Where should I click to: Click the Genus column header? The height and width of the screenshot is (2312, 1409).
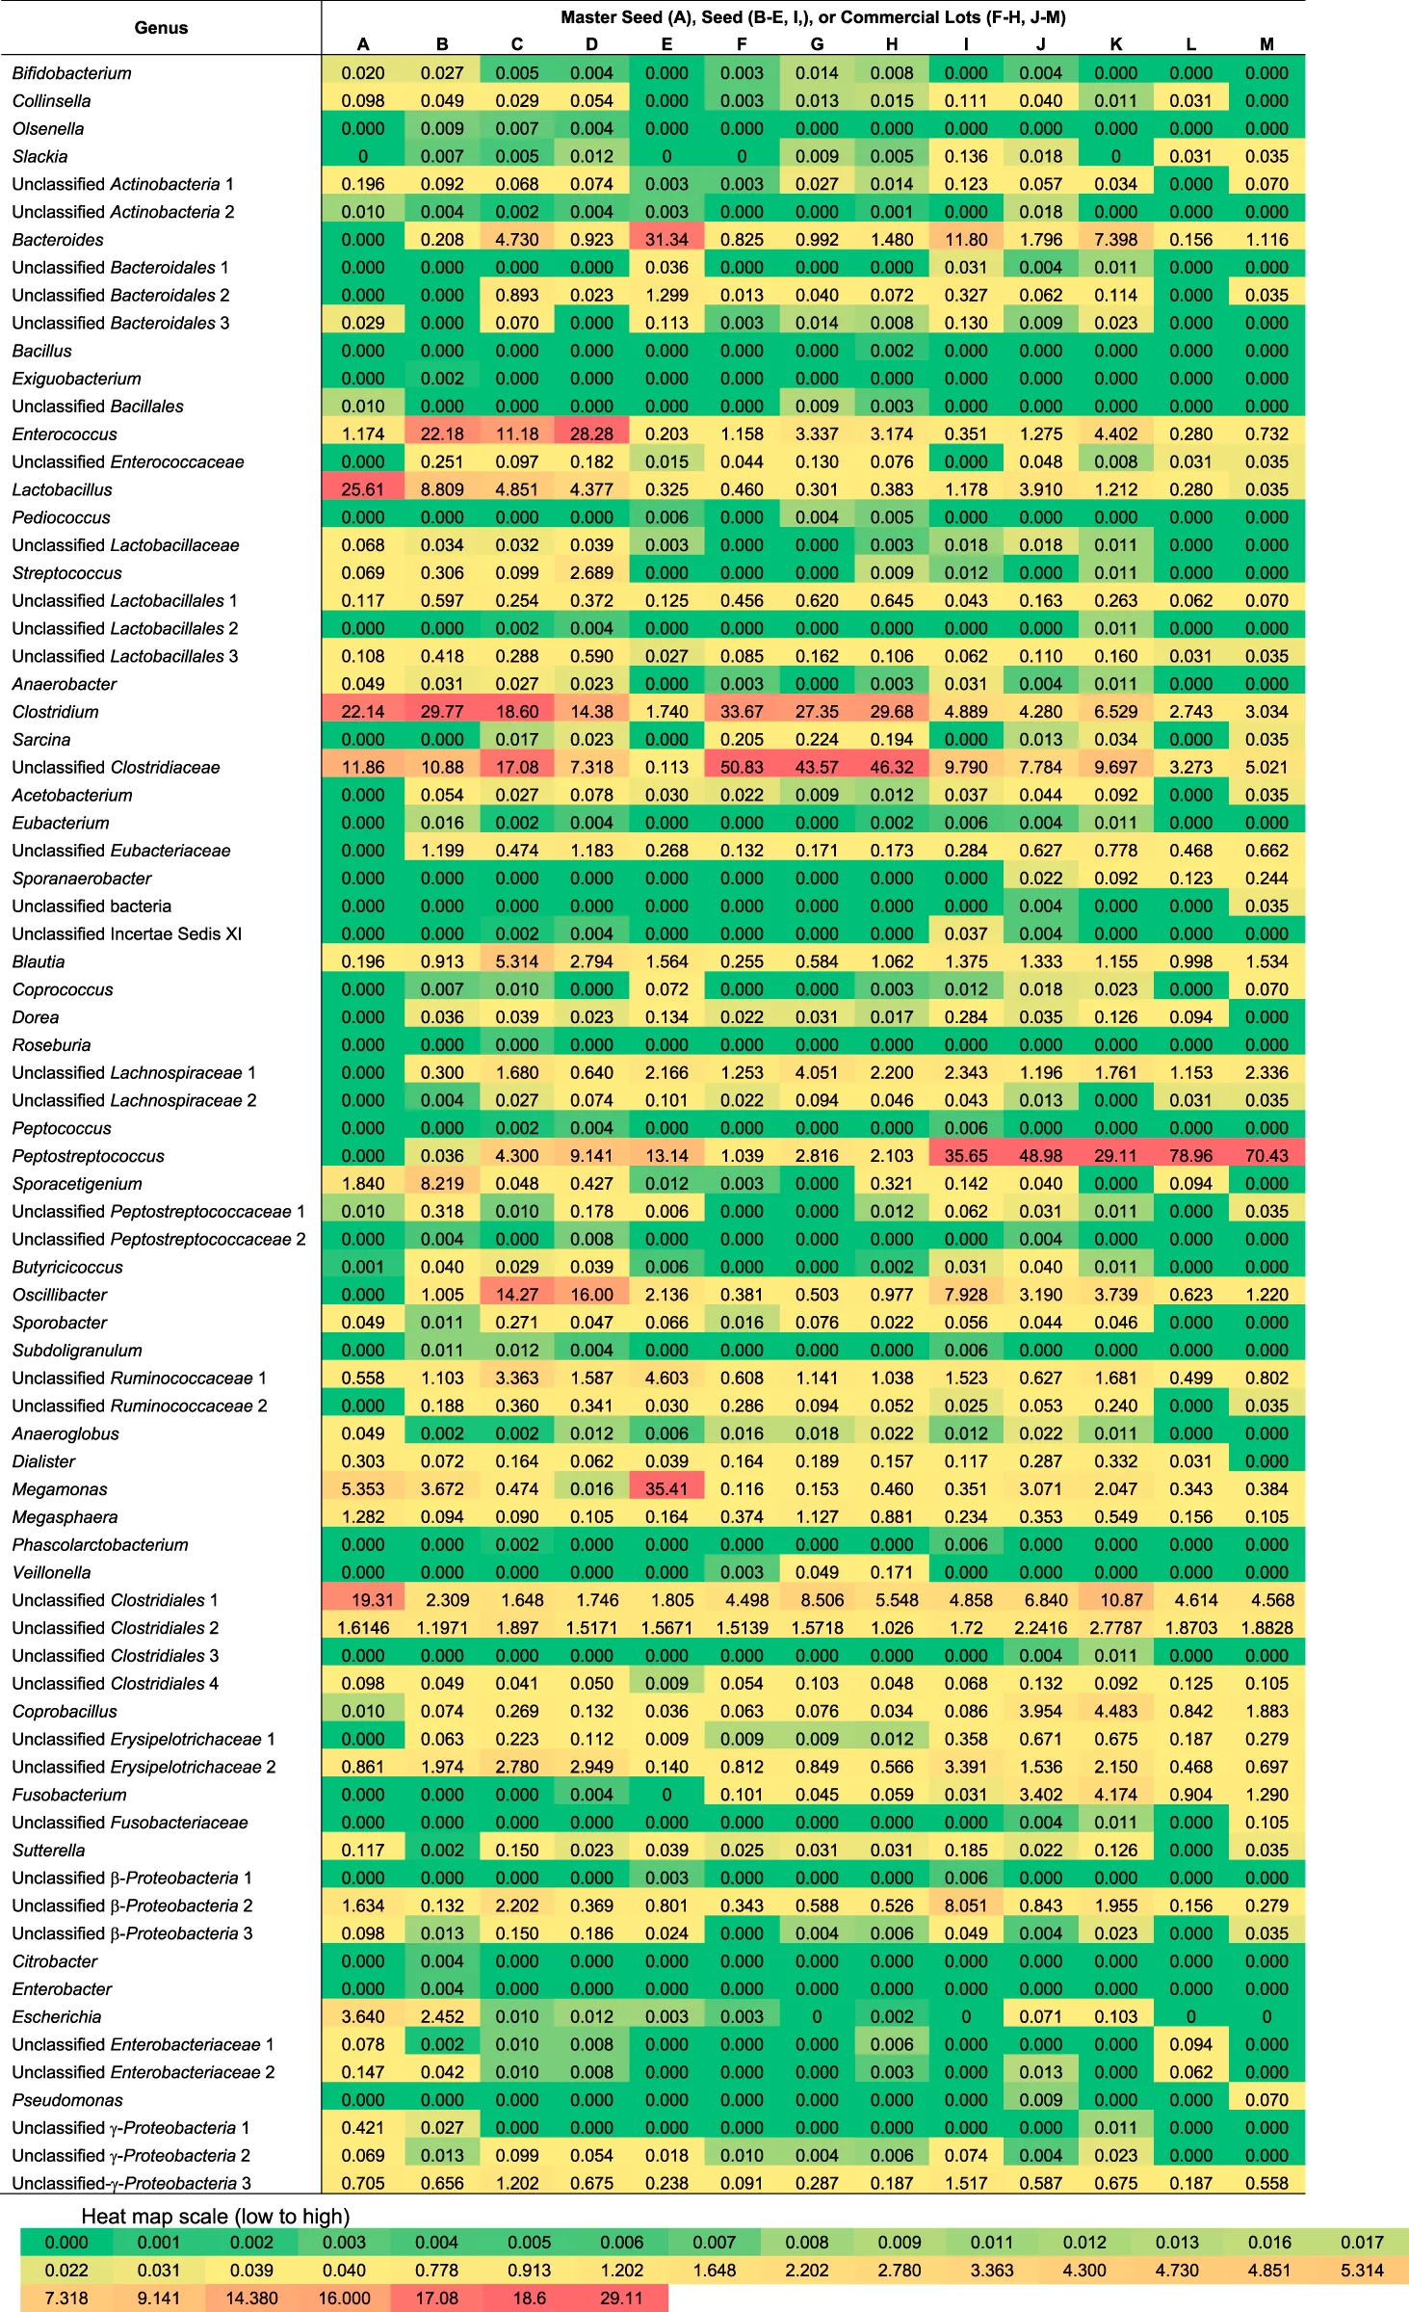pyautogui.click(x=161, y=28)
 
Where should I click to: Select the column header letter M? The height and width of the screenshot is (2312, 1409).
pyautogui.click(x=1266, y=44)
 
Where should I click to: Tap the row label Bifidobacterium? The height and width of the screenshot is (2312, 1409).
pyautogui.click(x=72, y=73)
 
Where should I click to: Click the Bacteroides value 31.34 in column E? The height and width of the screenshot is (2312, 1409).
pyautogui.click(x=666, y=240)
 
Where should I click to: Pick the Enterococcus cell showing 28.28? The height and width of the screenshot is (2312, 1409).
pyautogui.click(x=591, y=434)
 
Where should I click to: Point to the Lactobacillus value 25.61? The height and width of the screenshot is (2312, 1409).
pyautogui.click(x=362, y=490)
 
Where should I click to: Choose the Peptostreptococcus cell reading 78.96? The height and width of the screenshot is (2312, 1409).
pyautogui.click(x=1190, y=1156)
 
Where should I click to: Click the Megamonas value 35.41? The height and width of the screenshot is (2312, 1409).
pyautogui.click(x=666, y=1489)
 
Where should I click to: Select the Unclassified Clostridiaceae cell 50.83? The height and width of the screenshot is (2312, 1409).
pyautogui.click(x=742, y=768)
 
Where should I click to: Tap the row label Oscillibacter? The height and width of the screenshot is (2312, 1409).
pyautogui.click(x=60, y=1295)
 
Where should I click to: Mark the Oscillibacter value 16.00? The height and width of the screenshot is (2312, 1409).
pyautogui.click(x=591, y=1295)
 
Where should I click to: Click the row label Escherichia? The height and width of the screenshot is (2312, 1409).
pyautogui.click(x=57, y=2017)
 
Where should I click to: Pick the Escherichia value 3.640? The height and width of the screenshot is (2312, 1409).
pyautogui.click(x=362, y=2017)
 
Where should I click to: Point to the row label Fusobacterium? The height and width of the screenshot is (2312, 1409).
pyautogui.click(x=69, y=1795)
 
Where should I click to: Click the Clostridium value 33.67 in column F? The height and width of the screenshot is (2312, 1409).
pyautogui.click(x=742, y=712)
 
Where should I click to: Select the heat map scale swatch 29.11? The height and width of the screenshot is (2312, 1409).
pyautogui.click(x=621, y=2298)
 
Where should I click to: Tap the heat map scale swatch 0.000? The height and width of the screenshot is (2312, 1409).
pyautogui.click(x=66, y=2243)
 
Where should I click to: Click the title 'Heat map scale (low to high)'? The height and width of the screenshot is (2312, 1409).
pyautogui.click(x=215, y=2216)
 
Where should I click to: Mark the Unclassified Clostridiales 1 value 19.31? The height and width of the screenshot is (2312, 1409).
pyautogui.click(x=372, y=1600)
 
